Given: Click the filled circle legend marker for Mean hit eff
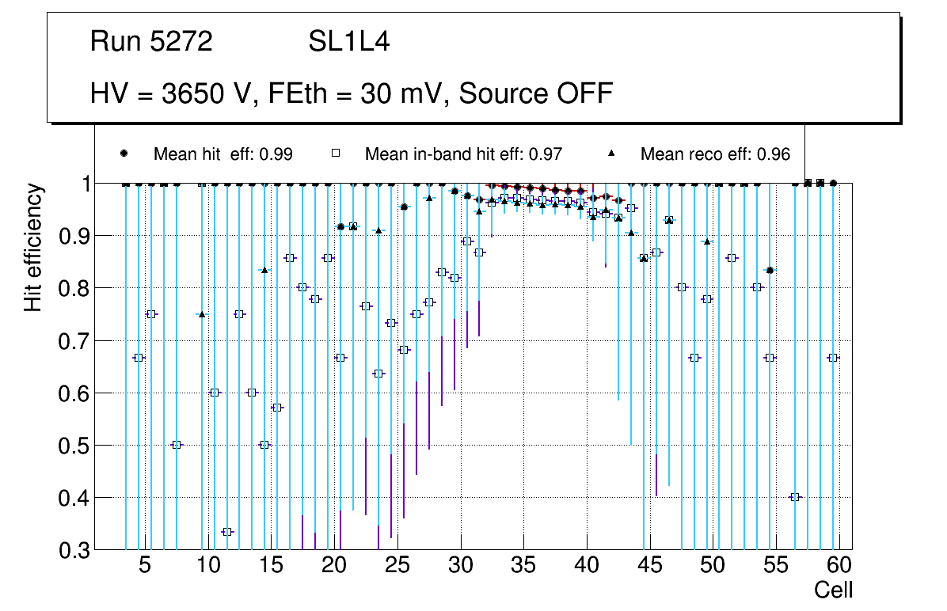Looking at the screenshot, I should click(x=124, y=154).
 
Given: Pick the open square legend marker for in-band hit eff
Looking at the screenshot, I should click(x=335, y=154).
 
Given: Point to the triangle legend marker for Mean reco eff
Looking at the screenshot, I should click(x=610, y=154).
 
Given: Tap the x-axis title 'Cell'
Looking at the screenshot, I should click(x=834, y=590).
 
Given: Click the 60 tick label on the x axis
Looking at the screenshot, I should click(x=839, y=566).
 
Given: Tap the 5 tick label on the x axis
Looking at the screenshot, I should click(x=145, y=566).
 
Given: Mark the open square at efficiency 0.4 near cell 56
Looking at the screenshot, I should click(x=795, y=497).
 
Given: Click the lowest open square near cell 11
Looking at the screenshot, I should click(x=227, y=532).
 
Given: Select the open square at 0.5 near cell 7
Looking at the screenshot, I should click(x=177, y=445).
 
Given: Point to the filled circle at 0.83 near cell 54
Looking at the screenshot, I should click(x=770, y=271).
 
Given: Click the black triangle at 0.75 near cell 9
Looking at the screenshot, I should click(x=202, y=314).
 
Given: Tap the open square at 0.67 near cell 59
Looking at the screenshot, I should click(x=833, y=358).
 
